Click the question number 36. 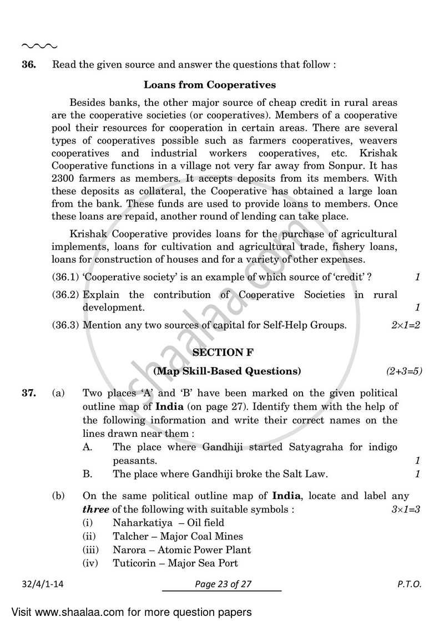click(29, 65)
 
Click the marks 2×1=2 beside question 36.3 click(406, 325)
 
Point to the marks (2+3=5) click(404, 370)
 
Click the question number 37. click(29, 394)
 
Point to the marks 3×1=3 click(406, 509)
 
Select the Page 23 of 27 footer click(222, 584)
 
